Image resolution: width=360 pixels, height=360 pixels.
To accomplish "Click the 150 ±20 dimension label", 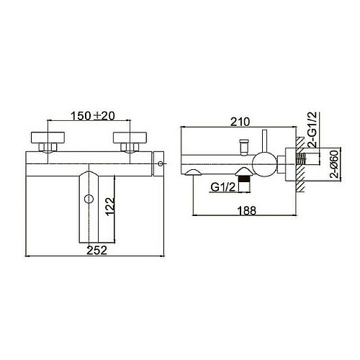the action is [93, 116].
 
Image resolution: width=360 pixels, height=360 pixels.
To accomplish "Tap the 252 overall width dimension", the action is [96, 251].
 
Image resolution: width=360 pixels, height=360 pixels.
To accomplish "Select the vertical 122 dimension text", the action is [111, 207].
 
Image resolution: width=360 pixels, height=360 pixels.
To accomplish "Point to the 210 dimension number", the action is [240, 122].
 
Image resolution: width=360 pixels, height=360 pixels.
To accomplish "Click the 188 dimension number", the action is [247, 211].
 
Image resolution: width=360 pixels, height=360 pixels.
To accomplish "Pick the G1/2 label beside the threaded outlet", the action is [223, 187].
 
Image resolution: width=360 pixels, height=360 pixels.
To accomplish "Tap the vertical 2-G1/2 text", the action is [312, 130].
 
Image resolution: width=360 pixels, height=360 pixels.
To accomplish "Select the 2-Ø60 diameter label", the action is [334, 164].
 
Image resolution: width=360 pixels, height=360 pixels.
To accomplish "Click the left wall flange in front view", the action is [48, 138].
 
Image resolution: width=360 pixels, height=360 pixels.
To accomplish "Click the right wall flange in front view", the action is [130, 138].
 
